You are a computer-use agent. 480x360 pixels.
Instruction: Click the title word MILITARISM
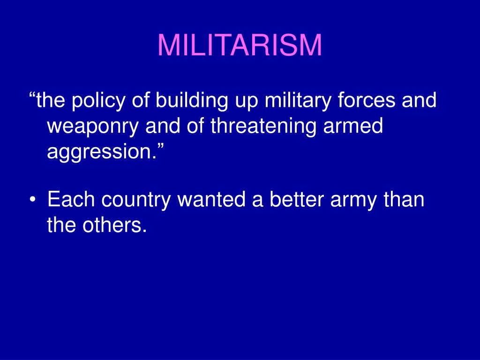pos(240,45)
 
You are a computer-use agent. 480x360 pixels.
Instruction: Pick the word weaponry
pos(93,126)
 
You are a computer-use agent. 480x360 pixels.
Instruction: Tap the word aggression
pos(99,151)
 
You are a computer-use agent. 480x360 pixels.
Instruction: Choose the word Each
pos(71,199)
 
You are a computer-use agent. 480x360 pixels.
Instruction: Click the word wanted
pos(212,199)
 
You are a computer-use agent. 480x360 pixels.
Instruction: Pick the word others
pos(114,225)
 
